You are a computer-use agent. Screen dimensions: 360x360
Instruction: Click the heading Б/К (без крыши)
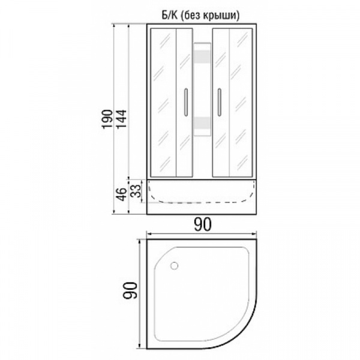tap(200, 16)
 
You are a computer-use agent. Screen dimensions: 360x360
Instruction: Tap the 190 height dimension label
tap(108, 119)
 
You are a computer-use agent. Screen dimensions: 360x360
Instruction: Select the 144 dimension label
tap(122, 119)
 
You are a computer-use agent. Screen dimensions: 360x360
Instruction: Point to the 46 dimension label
tap(122, 194)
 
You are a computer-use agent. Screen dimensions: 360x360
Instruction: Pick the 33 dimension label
tap(136, 191)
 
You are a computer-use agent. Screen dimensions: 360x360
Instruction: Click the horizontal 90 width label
tap(203, 224)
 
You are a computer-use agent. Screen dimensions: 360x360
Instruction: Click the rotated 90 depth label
tap(130, 290)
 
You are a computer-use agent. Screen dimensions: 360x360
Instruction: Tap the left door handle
tap(186, 102)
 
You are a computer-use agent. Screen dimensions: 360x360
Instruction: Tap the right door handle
tap(219, 102)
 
